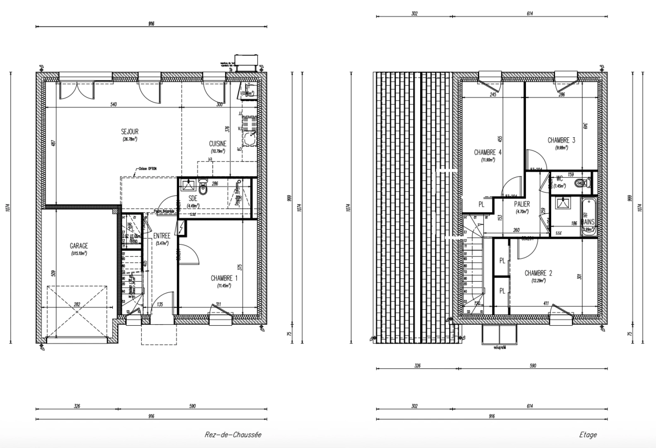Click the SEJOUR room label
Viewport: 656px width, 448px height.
[x=130, y=131]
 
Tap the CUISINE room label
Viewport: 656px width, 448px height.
[x=218, y=144]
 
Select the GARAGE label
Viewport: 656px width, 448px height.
[x=78, y=246]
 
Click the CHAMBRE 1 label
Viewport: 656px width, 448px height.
[x=224, y=278]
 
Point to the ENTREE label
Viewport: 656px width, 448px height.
[x=162, y=236]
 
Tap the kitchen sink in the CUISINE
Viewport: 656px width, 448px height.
[x=250, y=139]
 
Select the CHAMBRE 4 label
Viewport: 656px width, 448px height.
[x=488, y=152]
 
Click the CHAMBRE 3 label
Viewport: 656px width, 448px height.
[x=561, y=140]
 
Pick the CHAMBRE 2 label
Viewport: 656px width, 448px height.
[x=538, y=273]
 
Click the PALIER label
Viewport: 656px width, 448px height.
[x=522, y=204]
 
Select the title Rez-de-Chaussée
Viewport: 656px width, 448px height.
[x=233, y=435]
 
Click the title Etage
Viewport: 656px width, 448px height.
[x=588, y=435]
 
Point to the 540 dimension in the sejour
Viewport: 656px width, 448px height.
[x=113, y=104]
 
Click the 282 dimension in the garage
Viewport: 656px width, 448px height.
[x=77, y=304]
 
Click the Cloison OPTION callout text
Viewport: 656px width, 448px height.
[x=148, y=169]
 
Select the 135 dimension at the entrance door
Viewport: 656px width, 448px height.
[x=160, y=304]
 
